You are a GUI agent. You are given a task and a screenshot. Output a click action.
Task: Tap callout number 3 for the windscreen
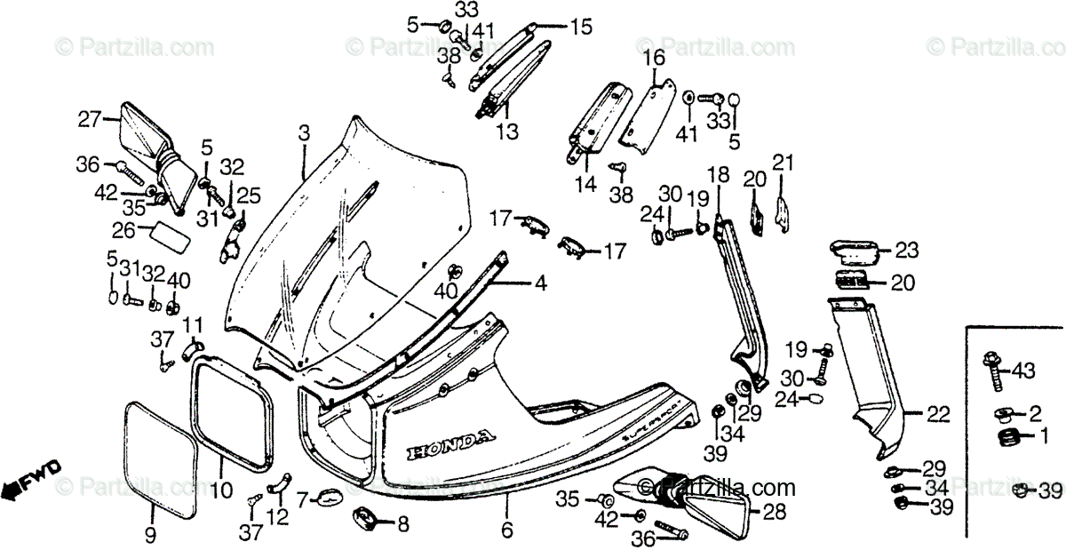304,134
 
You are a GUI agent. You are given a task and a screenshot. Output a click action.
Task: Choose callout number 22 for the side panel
938,414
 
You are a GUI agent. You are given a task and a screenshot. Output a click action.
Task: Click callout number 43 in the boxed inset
1023,370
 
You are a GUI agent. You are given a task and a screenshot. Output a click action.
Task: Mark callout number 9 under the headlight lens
149,534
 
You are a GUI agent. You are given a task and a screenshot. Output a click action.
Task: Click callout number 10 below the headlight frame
222,489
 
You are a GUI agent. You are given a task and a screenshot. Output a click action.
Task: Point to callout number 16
654,60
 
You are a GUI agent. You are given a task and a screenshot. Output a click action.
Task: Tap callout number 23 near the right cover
907,250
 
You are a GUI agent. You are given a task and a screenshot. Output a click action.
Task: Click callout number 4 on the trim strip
540,284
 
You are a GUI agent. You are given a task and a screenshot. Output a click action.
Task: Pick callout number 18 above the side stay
718,174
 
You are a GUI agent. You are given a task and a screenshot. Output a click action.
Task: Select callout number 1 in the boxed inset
1045,436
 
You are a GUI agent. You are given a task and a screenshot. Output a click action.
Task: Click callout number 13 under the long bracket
506,132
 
